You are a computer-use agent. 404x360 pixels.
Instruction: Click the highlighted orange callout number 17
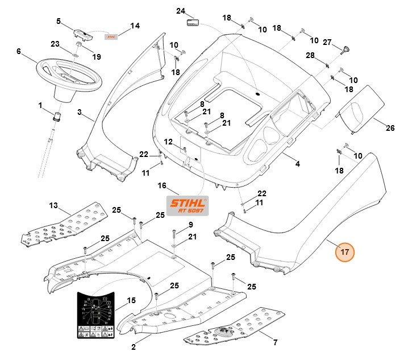point(345,251)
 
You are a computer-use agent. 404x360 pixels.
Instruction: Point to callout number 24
point(181,11)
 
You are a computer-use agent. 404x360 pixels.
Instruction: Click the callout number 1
point(40,105)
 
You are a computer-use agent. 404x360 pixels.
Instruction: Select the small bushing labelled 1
point(57,117)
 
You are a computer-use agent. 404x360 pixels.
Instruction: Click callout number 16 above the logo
point(162,185)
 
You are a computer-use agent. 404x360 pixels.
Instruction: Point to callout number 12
point(168,141)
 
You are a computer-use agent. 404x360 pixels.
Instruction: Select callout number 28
point(310,55)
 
